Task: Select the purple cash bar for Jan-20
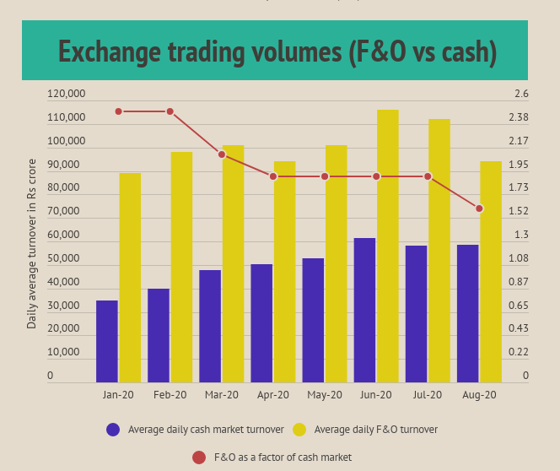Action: click(107, 341)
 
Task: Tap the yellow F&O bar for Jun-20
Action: click(388, 246)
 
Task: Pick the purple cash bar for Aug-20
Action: click(467, 313)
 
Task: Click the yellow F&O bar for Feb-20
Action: click(181, 267)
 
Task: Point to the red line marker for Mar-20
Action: click(222, 154)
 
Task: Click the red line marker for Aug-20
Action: click(479, 208)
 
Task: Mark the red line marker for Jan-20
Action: click(119, 111)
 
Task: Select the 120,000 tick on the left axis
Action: click(66, 94)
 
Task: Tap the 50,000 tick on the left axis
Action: click(66, 258)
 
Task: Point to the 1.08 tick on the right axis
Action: click(520, 258)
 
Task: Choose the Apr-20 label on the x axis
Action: click(273, 395)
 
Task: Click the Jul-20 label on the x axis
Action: click(428, 395)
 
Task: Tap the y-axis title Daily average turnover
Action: click(32, 243)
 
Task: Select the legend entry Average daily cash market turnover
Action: click(206, 430)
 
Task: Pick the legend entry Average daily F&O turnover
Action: click(375, 430)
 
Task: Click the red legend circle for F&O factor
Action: click(199, 457)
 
